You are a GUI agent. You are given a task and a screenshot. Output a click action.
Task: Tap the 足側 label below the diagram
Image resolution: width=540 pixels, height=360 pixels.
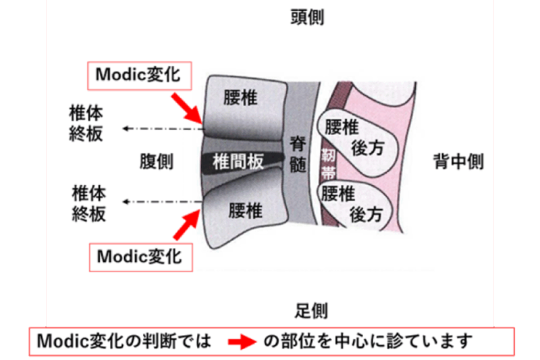tap(311, 310)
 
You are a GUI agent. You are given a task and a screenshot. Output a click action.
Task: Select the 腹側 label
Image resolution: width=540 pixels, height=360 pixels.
tap(156, 161)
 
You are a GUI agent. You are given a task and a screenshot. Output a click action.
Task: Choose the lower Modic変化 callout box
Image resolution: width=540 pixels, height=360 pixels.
tap(140, 256)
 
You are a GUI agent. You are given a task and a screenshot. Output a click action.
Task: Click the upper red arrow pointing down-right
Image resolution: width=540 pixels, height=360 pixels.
tap(186, 107)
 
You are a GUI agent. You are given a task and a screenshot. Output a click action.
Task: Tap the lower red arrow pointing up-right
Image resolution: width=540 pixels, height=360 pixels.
tap(186, 222)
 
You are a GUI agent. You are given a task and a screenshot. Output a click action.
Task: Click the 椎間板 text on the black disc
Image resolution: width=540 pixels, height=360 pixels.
tap(238, 161)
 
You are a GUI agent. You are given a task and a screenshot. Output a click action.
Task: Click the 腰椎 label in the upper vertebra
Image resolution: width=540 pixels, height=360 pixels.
tap(240, 97)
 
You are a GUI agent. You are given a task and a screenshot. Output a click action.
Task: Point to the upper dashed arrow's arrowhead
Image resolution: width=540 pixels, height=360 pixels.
tap(124, 127)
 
